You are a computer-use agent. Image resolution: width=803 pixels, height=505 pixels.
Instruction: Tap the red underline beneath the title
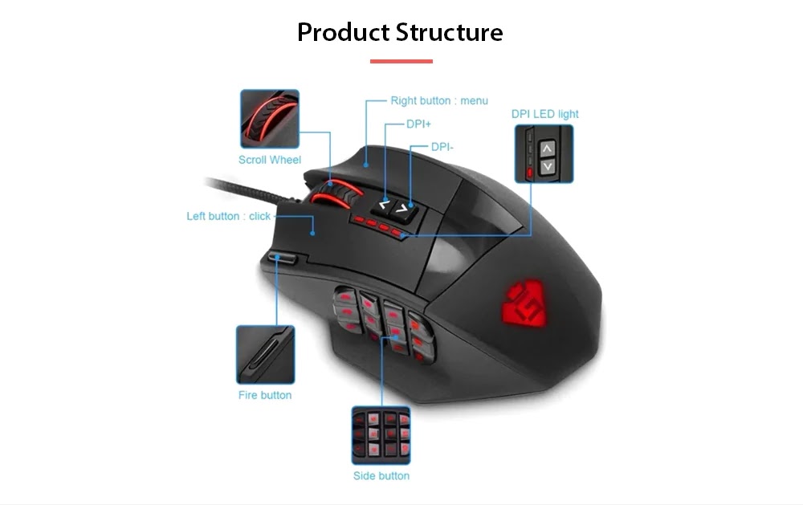tap(401, 61)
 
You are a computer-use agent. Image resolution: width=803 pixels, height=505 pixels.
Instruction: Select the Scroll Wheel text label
tap(270, 160)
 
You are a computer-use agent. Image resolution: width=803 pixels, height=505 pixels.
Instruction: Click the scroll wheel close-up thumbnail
tap(269, 118)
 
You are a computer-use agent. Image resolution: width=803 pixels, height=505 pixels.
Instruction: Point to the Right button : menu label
tap(439, 100)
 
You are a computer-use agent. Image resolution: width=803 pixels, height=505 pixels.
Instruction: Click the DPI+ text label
tap(419, 124)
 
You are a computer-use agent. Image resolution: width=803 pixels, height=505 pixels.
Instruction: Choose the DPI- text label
tap(442, 147)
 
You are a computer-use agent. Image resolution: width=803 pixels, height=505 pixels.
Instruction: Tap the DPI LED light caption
tap(544, 114)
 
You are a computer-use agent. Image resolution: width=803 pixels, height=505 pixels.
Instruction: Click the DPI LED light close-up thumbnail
tap(544, 153)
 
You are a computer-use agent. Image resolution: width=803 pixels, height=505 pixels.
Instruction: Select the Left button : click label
tap(229, 216)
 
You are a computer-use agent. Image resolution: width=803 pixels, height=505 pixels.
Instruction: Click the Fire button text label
tap(265, 395)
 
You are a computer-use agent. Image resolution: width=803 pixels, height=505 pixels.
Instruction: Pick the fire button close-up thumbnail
tap(265, 355)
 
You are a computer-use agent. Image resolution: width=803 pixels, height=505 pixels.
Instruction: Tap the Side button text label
tap(381, 476)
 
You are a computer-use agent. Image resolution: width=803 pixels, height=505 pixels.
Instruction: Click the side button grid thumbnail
tap(381, 435)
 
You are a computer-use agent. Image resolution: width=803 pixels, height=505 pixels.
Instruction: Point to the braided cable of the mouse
tap(241, 189)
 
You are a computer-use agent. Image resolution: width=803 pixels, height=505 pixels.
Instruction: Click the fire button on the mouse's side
tap(285, 259)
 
